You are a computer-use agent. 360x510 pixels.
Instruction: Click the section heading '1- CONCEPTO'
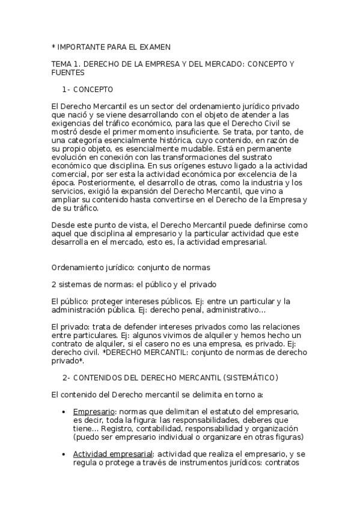88,89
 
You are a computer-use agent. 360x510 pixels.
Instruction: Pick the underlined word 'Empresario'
92,411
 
